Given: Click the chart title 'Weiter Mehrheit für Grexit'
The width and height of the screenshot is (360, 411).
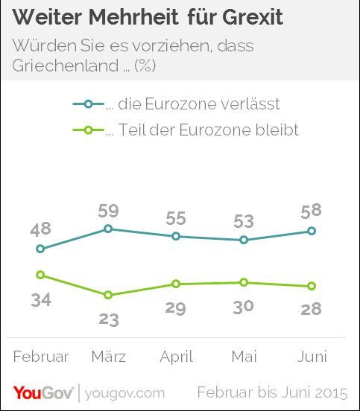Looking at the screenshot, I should coord(149,17).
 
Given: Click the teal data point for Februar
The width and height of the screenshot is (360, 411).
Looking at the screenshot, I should coord(40,249).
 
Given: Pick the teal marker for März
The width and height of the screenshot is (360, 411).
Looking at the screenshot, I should coord(108,229).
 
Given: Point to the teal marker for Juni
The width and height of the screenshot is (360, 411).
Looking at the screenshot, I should coord(312,231).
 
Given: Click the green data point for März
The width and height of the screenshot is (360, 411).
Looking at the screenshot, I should coord(108,295).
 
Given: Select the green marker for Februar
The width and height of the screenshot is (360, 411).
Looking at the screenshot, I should coord(40,275).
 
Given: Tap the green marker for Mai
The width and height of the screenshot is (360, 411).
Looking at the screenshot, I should coord(244,282).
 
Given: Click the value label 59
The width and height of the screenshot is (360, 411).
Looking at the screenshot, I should coord(108,209).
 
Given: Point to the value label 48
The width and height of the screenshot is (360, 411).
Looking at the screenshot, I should coord(40,229).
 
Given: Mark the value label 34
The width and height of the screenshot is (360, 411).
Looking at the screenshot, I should coord(40,300).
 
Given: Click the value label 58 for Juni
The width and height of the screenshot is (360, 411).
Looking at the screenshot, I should coord(312,211).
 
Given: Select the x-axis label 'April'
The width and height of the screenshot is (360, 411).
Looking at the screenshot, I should coord(176,357).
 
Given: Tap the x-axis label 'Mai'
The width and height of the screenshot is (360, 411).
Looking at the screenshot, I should coord(244,357).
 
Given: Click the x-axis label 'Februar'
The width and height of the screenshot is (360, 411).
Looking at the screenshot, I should coord(41,357).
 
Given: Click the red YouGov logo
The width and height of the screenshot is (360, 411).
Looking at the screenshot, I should coord(42,392).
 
